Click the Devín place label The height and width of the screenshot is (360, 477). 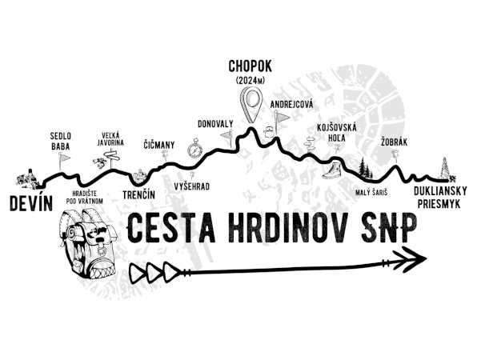coord(31,203)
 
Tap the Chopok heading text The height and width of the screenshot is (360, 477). coord(250,66)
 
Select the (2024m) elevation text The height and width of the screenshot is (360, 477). coord(251,81)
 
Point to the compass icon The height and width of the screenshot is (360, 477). coord(194,148)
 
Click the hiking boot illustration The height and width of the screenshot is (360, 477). coord(332,170)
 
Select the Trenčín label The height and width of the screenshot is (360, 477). coord(138,194)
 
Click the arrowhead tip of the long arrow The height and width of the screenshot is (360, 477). coord(427,258)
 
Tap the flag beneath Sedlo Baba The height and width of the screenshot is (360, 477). coord(63,161)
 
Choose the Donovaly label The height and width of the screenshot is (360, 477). coord(215,124)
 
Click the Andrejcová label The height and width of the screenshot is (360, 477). coord(291,105)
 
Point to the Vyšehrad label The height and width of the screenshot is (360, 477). coord(192,186)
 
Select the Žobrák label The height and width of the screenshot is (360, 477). coord(394,142)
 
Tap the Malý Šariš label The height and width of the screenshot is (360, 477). coord(371,193)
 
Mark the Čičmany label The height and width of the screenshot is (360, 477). coord(159,145)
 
